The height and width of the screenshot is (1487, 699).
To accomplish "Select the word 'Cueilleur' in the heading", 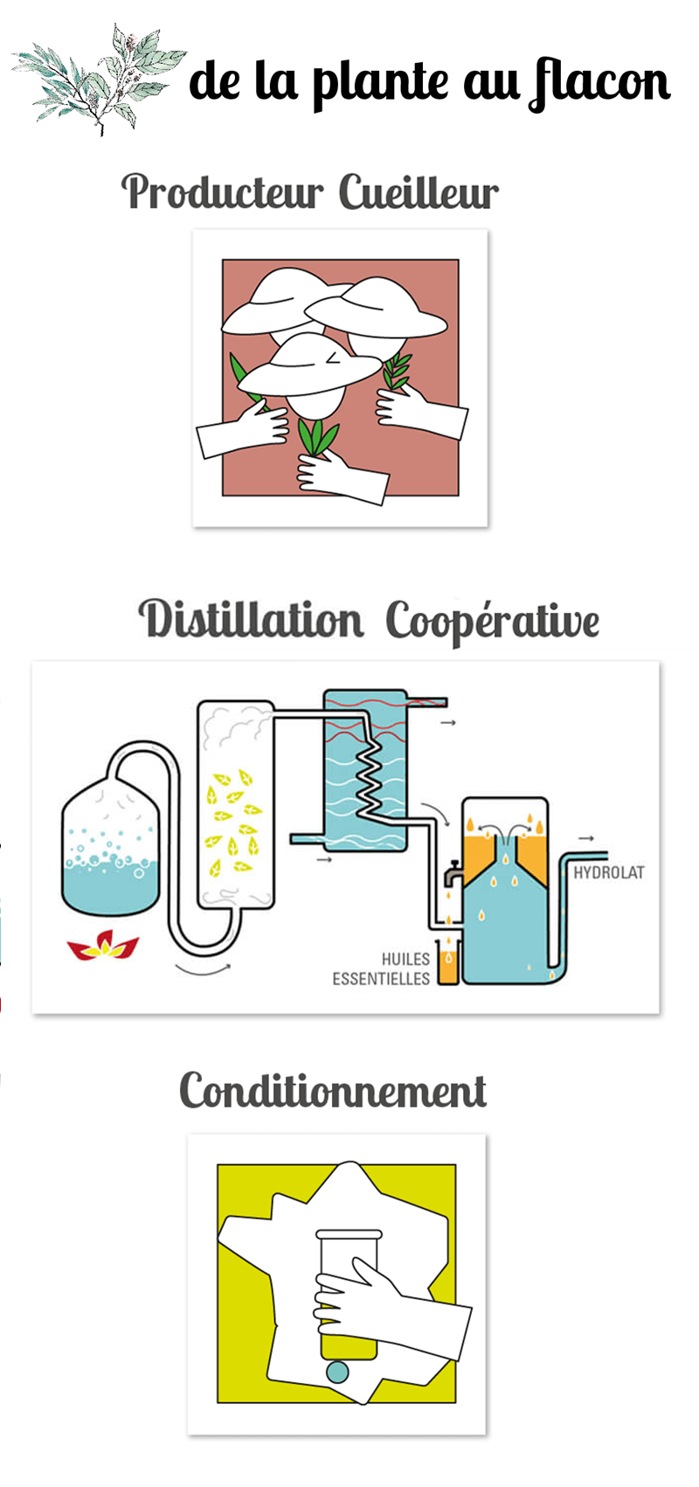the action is pyautogui.click(x=419, y=192).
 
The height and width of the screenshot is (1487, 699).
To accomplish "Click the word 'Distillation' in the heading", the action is pyautogui.click(x=251, y=619).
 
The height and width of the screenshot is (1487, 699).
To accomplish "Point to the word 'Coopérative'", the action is pyautogui.click(x=492, y=622).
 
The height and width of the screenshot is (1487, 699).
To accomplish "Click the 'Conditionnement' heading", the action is pyautogui.click(x=333, y=1091).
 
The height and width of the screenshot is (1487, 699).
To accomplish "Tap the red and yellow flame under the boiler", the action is pyautogui.click(x=104, y=945).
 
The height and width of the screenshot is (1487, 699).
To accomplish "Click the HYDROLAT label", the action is pyautogui.click(x=609, y=872).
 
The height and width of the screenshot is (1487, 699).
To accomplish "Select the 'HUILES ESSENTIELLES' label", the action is pyautogui.click(x=382, y=969).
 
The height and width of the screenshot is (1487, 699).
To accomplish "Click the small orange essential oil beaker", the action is pyautogui.click(x=449, y=961).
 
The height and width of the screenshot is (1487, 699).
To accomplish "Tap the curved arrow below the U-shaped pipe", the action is pyautogui.click(x=203, y=969).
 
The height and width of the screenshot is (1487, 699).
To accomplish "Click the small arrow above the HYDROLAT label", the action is pyautogui.click(x=585, y=838).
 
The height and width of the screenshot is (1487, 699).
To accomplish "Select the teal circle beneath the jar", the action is pyautogui.click(x=338, y=1372).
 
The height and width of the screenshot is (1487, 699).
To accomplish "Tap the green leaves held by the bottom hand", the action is pyautogui.click(x=317, y=437).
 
